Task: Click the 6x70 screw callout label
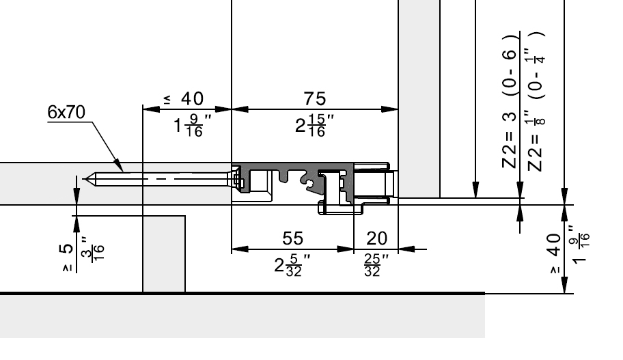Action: [66, 112]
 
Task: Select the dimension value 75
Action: [315, 98]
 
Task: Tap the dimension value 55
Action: [293, 238]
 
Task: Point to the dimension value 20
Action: [376, 238]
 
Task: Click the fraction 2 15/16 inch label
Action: [314, 125]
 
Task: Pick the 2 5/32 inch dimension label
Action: [292, 264]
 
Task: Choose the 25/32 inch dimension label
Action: [376, 264]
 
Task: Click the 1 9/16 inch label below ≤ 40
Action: [193, 125]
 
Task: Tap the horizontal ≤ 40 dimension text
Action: [184, 98]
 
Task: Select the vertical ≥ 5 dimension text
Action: [67, 257]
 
